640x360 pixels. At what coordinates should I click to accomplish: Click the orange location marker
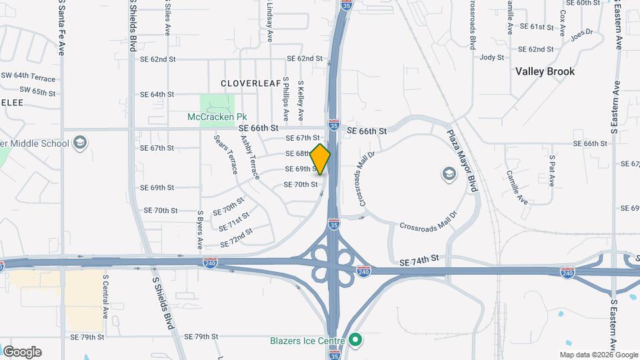[321, 159]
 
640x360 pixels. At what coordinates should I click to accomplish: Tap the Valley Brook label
[545, 71]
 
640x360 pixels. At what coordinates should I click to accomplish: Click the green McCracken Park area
[217, 105]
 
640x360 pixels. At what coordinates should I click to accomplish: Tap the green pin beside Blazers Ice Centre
[355, 341]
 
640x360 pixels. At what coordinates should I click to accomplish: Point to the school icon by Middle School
[80, 143]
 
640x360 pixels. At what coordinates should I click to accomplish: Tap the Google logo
[22, 352]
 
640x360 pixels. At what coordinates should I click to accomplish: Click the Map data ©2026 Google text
[598, 355]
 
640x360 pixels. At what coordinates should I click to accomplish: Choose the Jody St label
[492, 57]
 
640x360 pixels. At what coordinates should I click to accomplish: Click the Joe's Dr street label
[581, 33]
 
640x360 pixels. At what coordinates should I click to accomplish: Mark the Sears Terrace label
[225, 154]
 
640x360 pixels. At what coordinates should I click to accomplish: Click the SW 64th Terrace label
[27, 77]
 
